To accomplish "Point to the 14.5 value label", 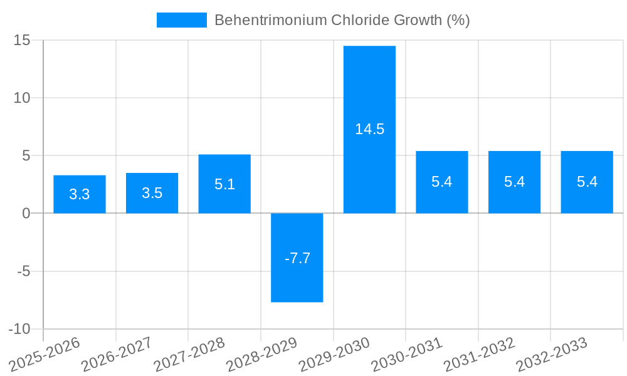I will [x=369, y=129].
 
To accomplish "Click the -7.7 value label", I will [x=297, y=258].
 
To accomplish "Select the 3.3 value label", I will [x=80, y=194].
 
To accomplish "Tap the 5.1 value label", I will [x=224, y=184].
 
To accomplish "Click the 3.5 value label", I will [x=152, y=193].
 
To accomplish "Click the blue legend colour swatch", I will [x=181, y=20].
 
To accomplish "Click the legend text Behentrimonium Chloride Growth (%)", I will [x=342, y=20].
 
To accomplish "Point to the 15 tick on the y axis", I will [x=22, y=40].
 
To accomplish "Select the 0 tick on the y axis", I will [x=26, y=213].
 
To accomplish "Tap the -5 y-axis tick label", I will [x=22, y=271].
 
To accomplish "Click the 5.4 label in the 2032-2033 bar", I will [x=587, y=182].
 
